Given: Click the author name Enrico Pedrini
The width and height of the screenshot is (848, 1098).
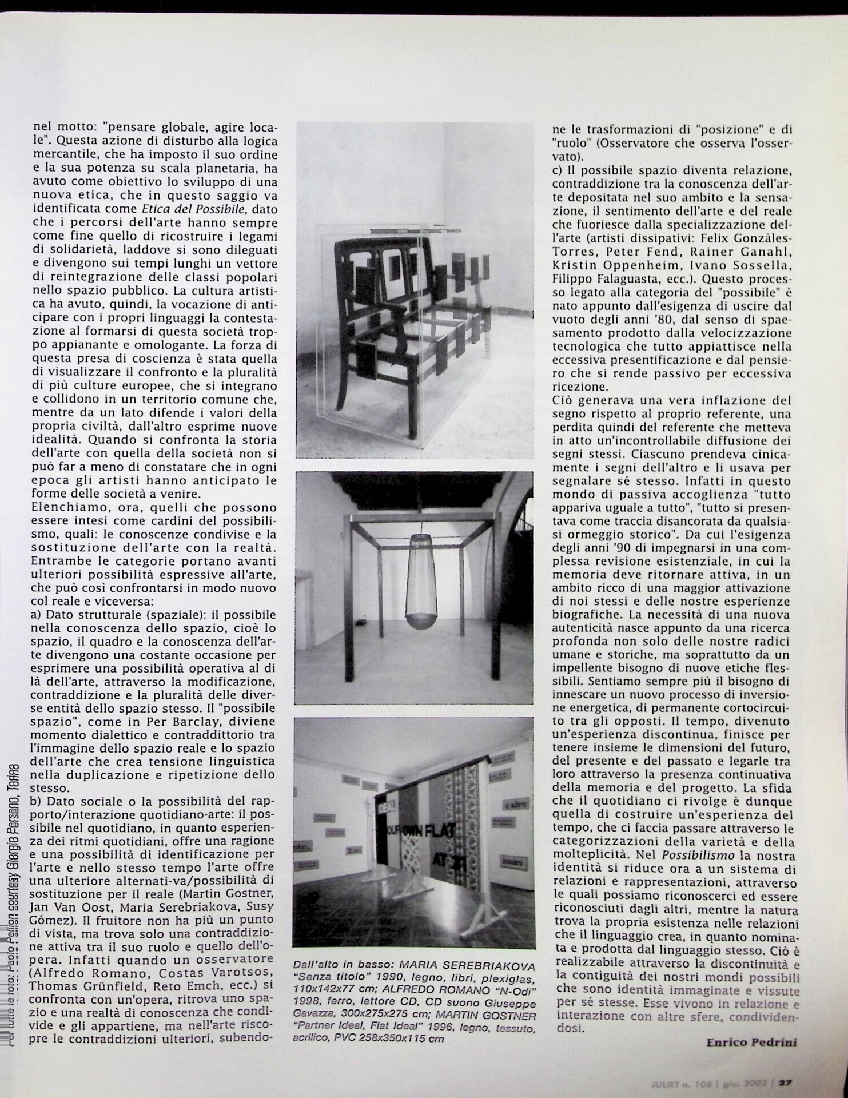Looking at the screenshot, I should click(751, 1042).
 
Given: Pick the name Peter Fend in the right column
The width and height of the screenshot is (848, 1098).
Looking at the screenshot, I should click(630, 251).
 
